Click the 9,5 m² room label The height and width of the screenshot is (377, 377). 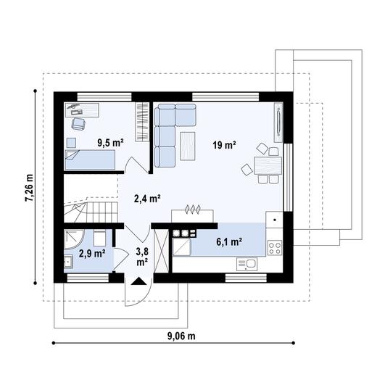(110, 143)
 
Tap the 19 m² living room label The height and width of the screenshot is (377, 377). (225, 145)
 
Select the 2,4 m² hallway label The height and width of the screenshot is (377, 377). (146, 196)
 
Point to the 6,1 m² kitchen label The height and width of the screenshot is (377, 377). (229, 242)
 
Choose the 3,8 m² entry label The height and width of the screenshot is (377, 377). (141, 257)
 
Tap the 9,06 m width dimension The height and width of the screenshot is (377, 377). (181, 336)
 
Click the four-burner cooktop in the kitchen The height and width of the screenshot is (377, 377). (275, 246)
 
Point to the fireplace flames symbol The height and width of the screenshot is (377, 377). (192, 210)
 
